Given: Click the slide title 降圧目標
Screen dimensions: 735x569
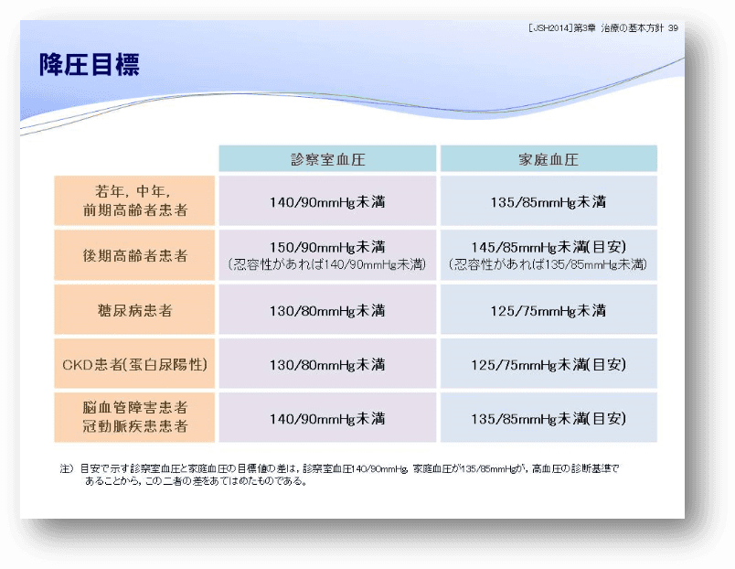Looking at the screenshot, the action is (x=90, y=65).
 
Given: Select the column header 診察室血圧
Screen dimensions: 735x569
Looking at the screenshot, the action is (x=327, y=159).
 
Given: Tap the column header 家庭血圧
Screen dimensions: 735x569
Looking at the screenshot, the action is (x=549, y=159).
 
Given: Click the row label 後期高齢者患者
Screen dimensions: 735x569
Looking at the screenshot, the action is (x=135, y=255).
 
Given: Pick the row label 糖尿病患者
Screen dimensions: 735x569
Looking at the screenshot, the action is (x=135, y=310).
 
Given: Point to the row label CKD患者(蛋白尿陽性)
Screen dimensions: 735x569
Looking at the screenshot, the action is (x=135, y=364).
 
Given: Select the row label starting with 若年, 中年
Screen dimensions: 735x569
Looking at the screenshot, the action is (x=135, y=200).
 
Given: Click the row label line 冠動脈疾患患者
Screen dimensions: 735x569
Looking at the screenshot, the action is (x=135, y=426).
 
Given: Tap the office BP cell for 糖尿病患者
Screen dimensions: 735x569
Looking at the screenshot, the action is (x=327, y=310).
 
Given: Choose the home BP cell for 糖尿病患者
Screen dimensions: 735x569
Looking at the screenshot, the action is (x=548, y=310).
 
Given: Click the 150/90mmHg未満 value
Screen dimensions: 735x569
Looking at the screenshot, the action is (x=327, y=247).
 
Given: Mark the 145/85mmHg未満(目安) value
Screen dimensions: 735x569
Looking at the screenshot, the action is (x=549, y=247).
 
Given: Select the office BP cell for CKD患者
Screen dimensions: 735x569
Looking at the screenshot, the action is (x=327, y=364).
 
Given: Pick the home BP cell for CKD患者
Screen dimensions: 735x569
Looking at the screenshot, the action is (x=549, y=364).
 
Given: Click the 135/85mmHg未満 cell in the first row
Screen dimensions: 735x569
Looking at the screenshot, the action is (x=548, y=202).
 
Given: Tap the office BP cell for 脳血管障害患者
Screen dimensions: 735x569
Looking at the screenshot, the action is (x=327, y=418).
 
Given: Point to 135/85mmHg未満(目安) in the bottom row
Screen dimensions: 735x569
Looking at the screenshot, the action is (x=549, y=418).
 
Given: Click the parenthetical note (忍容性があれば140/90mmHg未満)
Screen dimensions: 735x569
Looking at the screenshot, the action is (x=327, y=264).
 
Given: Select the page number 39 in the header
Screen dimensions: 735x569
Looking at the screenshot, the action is (x=673, y=28).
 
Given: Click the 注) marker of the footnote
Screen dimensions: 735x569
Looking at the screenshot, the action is (x=67, y=468).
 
